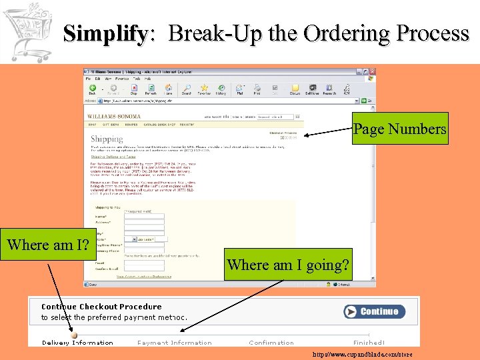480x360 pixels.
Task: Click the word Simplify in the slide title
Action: tap(105, 33)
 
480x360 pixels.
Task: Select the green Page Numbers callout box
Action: tap(400, 129)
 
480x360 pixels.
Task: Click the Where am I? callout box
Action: tap(49, 245)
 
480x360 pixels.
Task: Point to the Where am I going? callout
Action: tap(288, 265)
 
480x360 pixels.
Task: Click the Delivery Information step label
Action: tap(77, 343)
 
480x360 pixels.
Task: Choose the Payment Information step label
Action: tap(175, 343)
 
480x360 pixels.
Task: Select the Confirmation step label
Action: tap(271, 343)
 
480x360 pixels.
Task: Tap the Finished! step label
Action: tap(369, 343)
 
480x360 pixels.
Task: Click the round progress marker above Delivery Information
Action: tap(74, 335)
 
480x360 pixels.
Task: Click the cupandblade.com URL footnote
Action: tap(363, 354)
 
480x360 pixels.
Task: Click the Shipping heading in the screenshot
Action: tap(107, 139)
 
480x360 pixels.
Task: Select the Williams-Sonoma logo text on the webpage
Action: tap(109, 116)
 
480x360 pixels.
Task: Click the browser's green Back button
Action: tap(93, 88)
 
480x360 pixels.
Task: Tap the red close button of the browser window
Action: tap(372, 71)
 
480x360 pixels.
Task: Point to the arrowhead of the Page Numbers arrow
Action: tap(305, 136)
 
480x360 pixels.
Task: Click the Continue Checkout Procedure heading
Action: tap(101, 307)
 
